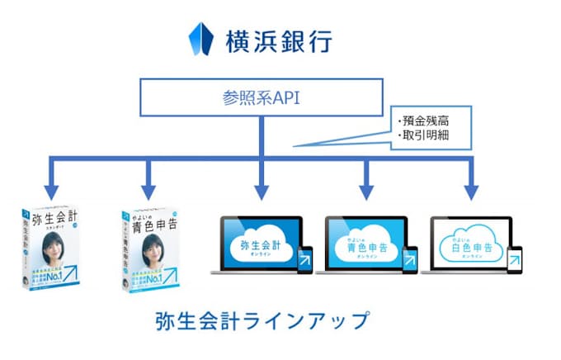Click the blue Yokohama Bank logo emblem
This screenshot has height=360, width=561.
(202, 38)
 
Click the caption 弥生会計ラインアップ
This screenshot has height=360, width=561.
(261, 320)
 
